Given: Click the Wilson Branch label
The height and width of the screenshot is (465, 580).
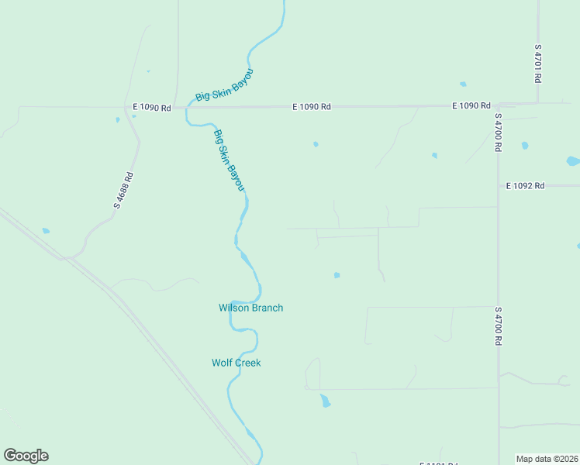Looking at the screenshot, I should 250,308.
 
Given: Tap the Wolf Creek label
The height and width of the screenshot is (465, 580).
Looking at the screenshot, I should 236,363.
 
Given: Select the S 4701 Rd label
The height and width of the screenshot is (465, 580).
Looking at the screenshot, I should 537,64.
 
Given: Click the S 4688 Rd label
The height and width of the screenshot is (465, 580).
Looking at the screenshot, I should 124,190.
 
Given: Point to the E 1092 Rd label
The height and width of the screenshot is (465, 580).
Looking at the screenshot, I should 526,186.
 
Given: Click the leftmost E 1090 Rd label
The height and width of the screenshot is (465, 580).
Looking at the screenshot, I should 151,108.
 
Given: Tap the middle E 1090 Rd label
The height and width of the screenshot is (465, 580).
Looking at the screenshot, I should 312,107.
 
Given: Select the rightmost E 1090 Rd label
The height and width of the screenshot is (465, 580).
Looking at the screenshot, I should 471,105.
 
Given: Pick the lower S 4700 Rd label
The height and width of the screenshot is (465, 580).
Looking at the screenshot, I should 498,325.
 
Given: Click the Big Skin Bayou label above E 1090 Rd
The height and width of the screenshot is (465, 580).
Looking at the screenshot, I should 224,85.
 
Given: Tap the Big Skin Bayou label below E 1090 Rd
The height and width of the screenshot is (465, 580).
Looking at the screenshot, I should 229,160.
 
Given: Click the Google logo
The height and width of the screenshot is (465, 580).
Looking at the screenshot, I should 26,456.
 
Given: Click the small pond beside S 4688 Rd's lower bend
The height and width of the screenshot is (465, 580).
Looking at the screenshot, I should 46,231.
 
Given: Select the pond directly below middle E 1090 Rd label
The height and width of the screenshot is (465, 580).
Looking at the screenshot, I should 316,144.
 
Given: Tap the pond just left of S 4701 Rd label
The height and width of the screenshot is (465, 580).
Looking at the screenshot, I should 463,84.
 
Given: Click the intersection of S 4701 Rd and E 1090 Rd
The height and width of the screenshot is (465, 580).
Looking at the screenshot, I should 537,103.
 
